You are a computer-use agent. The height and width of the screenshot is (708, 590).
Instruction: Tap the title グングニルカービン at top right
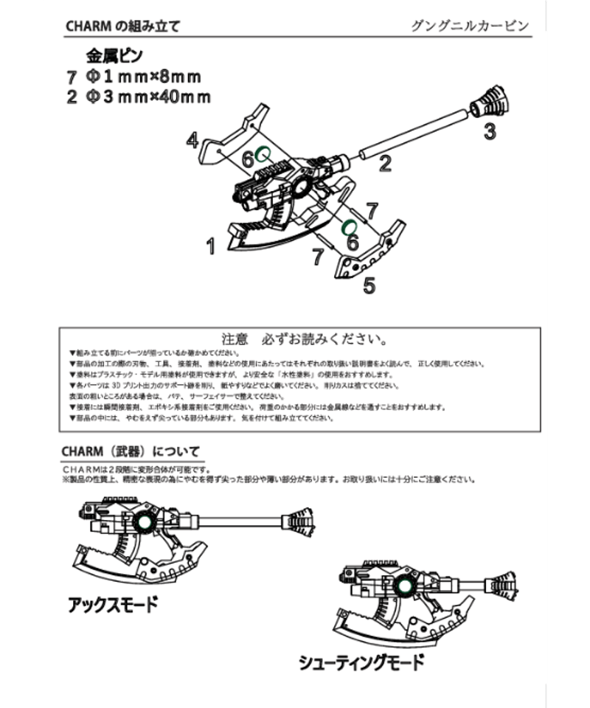(x=470, y=26)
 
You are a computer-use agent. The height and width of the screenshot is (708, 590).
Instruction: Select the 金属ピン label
(x=114, y=56)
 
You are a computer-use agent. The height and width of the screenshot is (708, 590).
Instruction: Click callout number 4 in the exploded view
(x=192, y=139)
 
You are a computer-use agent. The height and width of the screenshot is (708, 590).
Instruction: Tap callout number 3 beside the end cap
(x=490, y=133)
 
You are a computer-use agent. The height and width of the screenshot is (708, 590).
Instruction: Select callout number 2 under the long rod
(x=384, y=164)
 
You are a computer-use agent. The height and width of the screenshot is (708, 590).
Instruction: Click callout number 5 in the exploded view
(x=369, y=285)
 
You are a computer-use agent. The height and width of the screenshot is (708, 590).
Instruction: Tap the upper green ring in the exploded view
(x=265, y=154)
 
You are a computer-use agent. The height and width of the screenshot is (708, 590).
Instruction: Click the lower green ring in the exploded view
(x=349, y=225)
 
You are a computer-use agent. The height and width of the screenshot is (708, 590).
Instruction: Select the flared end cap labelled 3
(x=489, y=101)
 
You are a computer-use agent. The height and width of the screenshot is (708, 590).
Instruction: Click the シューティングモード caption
(x=361, y=662)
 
